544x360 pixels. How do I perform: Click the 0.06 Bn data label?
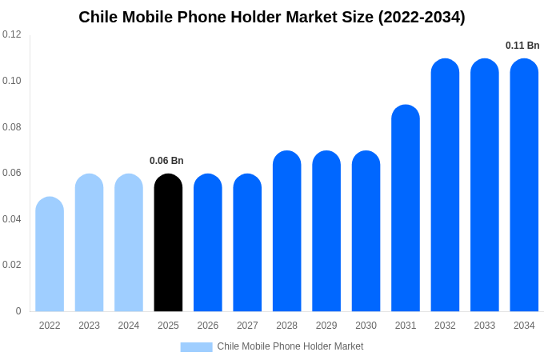166,161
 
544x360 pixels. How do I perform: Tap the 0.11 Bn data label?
522,46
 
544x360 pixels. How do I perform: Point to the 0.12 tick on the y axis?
12,34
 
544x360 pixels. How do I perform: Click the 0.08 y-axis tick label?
12,127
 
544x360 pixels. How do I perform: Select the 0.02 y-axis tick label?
12,265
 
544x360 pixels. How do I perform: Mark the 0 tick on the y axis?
18,311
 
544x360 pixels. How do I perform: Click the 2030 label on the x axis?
366,326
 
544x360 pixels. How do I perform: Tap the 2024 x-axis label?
129,326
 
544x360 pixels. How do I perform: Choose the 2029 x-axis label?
326,326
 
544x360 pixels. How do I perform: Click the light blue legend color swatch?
196,347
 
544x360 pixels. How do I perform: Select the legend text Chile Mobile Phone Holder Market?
290,346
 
